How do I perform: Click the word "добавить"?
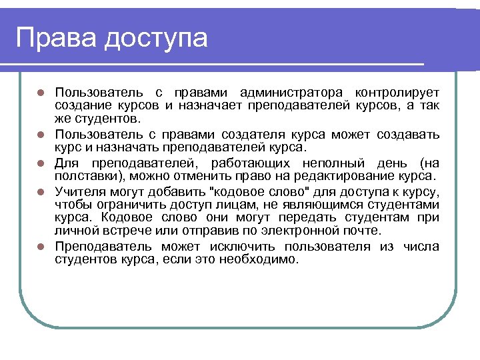163,191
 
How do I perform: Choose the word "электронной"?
299,231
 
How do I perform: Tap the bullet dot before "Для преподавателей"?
41,163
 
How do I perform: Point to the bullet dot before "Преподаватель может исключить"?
41,247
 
